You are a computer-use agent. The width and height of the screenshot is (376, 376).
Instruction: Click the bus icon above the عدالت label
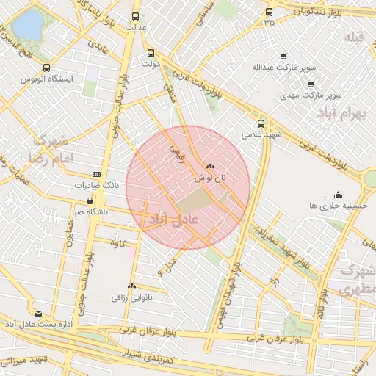(134, 15)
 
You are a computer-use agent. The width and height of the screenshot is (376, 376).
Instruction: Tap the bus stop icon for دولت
(151, 53)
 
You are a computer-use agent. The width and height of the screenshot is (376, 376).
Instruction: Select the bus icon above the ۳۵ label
(269, 12)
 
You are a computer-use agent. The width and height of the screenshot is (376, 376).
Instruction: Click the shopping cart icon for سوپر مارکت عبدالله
(284, 56)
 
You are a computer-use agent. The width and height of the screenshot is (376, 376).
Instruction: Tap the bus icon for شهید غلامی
(261, 123)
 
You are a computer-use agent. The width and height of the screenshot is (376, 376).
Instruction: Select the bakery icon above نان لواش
(210, 167)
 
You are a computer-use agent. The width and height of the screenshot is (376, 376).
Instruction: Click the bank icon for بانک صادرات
(97, 174)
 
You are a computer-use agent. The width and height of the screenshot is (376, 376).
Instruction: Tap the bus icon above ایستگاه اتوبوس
(47, 68)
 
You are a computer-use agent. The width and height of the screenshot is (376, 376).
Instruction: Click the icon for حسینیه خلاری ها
(337, 195)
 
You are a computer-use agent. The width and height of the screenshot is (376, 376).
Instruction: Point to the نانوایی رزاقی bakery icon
(131, 286)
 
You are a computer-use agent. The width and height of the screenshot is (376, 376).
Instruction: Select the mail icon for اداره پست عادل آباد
(39, 313)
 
